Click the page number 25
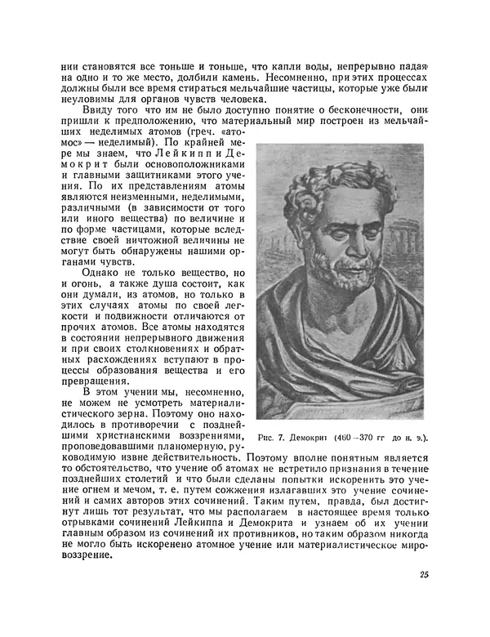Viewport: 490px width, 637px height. [x=424, y=575]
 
